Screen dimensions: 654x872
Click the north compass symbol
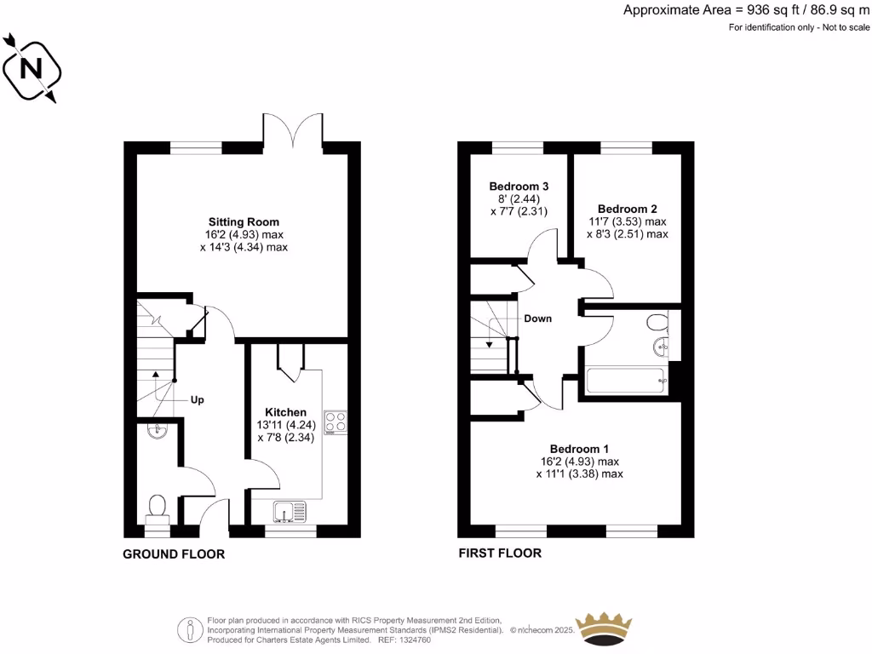(x=32, y=68)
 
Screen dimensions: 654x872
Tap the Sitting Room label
(x=244, y=221)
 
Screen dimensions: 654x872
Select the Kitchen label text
(x=285, y=412)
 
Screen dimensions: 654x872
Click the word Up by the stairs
(x=197, y=399)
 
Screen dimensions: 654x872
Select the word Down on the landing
(x=537, y=318)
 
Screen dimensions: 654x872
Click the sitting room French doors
(x=293, y=128)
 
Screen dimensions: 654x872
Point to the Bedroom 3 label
(x=519, y=186)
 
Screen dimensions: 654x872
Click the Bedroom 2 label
(x=627, y=209)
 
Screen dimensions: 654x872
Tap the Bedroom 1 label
(x=579, y=449)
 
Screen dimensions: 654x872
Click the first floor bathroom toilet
(x=657, y=323)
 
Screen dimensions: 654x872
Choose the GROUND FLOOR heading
(x=174, y=554)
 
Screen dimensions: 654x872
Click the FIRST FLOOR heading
(x=500, y=554)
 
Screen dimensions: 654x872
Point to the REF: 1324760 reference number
(x=403, y=640)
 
